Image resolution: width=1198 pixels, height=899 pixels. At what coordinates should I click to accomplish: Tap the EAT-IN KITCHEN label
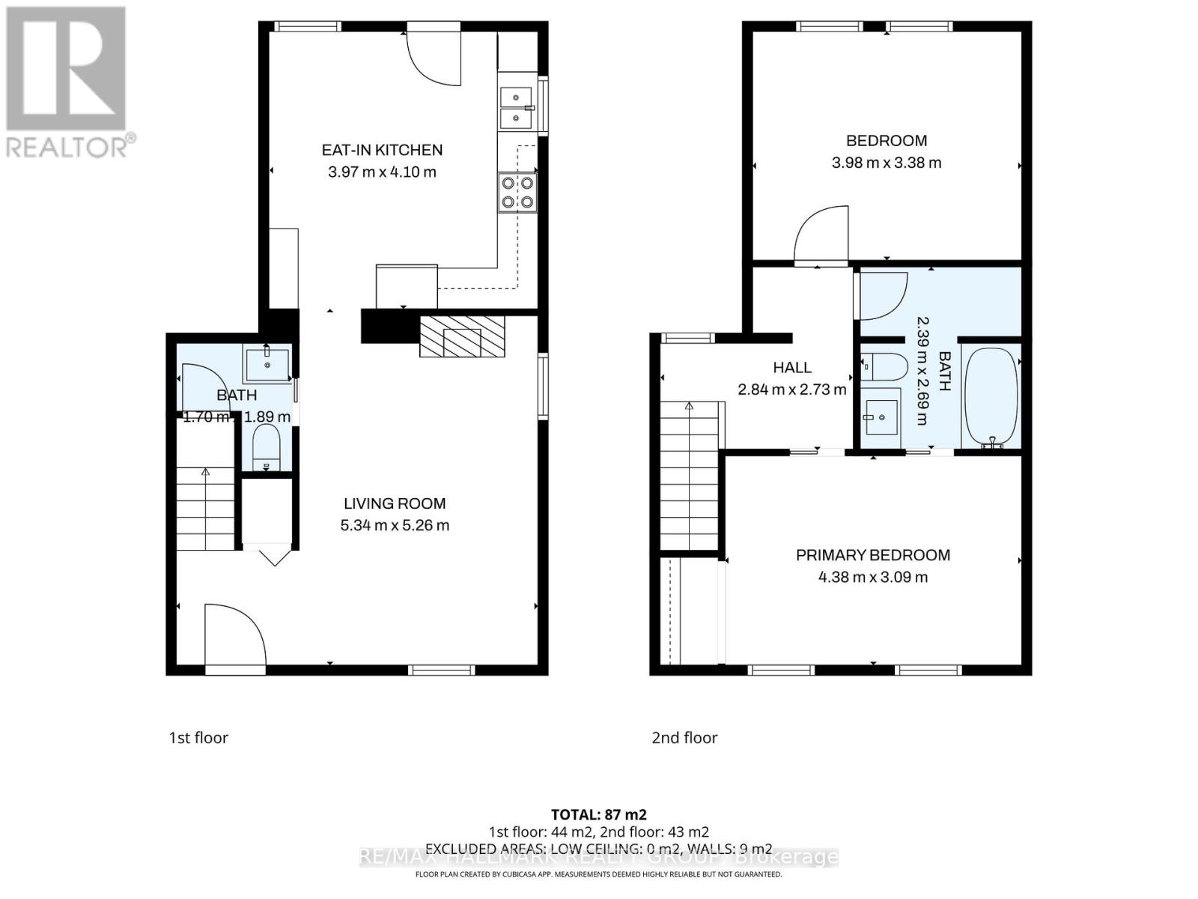point(382,150)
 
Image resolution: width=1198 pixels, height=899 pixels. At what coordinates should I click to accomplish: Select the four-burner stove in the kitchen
point(517,192)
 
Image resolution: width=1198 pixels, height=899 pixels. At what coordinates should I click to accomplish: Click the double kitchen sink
point(517,108)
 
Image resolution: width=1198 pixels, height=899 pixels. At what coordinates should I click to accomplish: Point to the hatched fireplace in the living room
point(462,336)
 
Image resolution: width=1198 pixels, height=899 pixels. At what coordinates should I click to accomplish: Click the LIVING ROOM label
point(395,503)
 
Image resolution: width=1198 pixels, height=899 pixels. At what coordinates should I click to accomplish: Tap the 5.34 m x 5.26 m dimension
point(395,525)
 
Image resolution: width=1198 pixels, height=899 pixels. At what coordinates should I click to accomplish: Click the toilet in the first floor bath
point(266,447)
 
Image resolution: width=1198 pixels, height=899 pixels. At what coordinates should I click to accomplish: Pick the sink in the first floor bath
point(267,365)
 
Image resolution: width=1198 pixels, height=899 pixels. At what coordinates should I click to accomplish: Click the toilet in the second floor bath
point(884,367)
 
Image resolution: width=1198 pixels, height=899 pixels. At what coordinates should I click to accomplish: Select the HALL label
point(792,367)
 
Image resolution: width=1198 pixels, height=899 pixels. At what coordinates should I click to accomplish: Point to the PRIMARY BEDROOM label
point(872,555)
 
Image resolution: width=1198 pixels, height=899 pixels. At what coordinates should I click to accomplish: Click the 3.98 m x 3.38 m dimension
point(887,163)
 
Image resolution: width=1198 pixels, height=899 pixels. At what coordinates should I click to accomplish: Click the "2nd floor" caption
point(684,738)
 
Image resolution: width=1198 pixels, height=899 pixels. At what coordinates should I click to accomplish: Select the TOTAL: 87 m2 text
point(598,814)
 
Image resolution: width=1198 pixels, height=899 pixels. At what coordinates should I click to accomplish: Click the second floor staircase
point(690,476)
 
